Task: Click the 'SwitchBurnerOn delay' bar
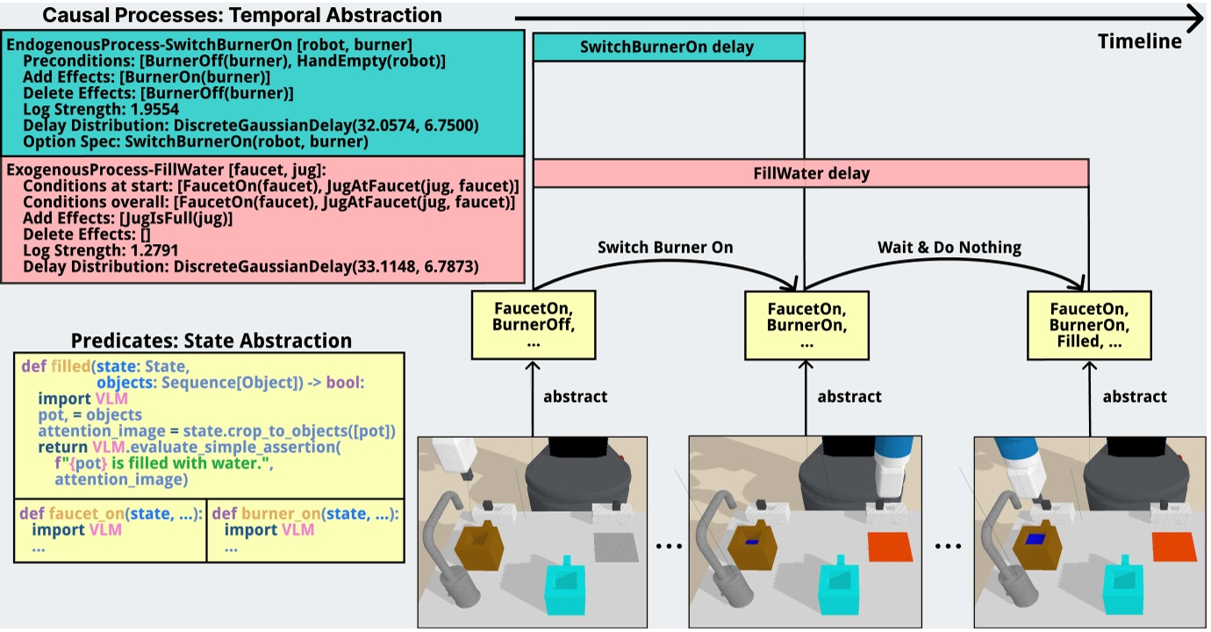(668, 47)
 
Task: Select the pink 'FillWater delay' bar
(811, 173)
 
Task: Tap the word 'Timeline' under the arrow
(1139, 41)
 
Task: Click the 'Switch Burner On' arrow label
(665, 248)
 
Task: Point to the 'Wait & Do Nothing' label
(949, 248)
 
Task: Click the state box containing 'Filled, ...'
(1089, 325)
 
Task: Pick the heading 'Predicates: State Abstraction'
(211, 341)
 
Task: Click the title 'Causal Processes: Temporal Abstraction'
(242, 15)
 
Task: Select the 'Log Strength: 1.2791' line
(101, 250)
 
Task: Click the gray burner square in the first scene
(614, 547)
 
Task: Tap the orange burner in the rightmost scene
(1174, 546)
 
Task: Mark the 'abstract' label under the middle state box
(849, 397)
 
